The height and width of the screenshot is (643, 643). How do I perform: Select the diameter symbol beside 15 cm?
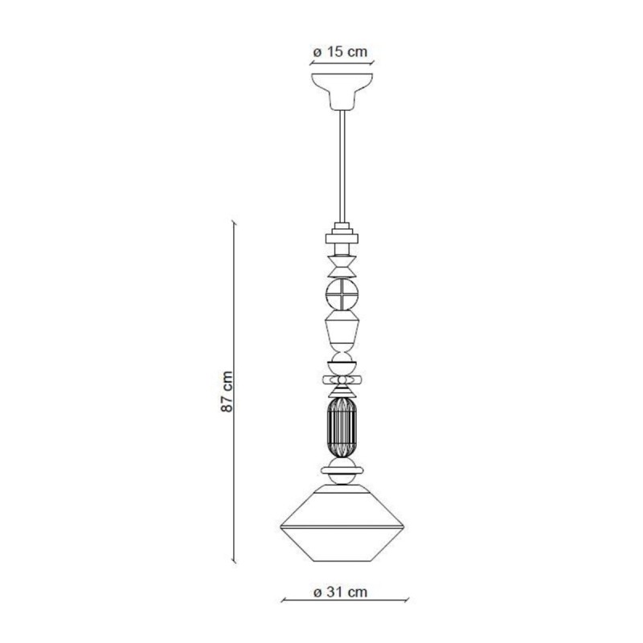(317, 51)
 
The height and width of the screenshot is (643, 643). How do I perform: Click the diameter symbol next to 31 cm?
(317, 592)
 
